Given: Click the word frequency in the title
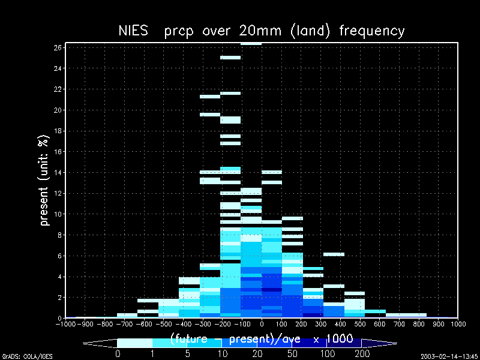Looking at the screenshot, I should click(x=372, y=31).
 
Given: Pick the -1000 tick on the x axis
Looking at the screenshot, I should click(x=65, y=324).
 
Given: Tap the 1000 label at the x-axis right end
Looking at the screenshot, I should click(x=458, y=324).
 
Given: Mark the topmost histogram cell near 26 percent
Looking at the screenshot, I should click(x=251, y=44).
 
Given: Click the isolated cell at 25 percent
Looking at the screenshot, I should click(x=230, y=58).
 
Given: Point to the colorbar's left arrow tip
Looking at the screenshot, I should click(x=85, y=343).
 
